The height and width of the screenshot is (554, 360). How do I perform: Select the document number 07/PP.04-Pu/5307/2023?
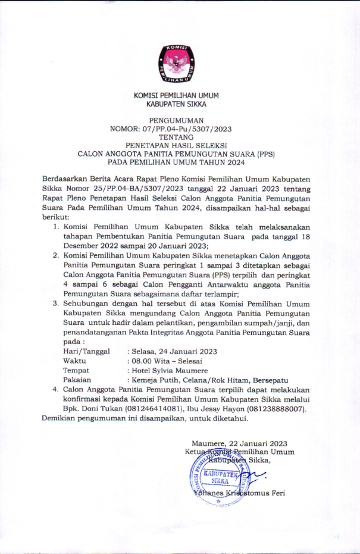click(192, 127)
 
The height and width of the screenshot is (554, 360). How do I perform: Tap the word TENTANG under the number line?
click(176, 136)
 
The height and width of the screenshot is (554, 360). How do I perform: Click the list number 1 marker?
click(56, 227)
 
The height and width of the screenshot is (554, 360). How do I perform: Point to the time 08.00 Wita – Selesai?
click(167, 361)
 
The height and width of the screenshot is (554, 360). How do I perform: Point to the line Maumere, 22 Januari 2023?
click(239, 443)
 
